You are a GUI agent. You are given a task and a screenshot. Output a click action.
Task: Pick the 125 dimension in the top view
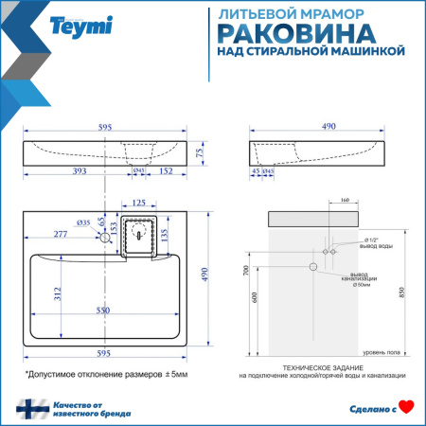coord(139,202)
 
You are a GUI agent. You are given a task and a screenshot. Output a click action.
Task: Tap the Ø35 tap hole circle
coord(106,239)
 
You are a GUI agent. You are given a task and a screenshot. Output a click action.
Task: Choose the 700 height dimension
coord(248,269)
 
